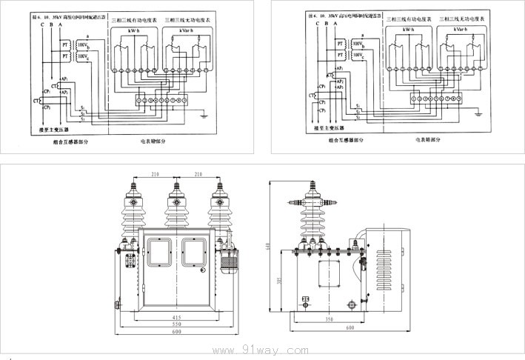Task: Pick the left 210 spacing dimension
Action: pyautogui.click(x=154, y=175)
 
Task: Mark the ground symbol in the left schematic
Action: pyautogui.click(x=204, y=114)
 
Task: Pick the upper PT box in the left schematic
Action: pyautogui.click(x=64, y=45)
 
